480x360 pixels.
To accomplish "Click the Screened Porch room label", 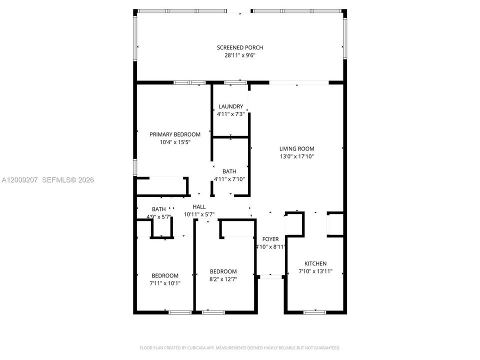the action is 239,47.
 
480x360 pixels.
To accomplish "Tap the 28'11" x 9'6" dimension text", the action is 239,55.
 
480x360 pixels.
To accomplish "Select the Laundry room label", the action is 230,106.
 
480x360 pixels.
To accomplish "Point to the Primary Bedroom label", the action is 175,134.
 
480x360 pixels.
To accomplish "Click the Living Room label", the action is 296,149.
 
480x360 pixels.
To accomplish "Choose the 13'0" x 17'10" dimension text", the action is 296,156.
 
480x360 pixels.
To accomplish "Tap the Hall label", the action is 199,207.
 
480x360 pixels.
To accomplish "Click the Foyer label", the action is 270,239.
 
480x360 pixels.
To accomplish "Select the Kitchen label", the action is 315,263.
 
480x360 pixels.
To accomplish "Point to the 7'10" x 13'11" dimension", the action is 315,271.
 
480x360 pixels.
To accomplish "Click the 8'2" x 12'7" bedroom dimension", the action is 223,279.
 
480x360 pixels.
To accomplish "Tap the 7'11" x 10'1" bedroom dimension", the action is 164,283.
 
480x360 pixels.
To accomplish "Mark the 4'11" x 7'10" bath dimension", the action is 229,179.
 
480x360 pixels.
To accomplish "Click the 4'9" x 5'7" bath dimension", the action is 158,217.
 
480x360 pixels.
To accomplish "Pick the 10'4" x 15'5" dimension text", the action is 175,142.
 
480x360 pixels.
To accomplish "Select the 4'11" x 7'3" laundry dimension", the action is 230,114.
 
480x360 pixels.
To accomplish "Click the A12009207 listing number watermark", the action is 19,180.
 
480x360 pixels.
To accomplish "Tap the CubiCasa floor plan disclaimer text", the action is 239,348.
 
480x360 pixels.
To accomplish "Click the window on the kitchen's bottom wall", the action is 314,312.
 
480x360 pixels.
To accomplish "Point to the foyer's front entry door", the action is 270,276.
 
